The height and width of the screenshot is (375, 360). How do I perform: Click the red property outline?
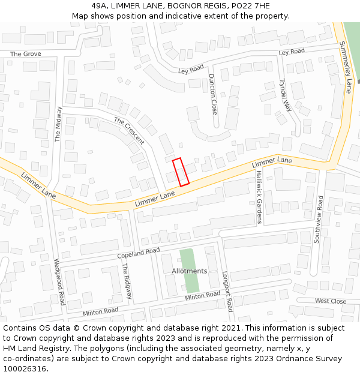tap(181, 172)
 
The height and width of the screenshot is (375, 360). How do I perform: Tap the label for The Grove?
tap(26, 54)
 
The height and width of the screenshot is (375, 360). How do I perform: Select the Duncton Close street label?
tap(213, 94)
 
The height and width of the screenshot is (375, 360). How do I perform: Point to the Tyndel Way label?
tap(285, 95)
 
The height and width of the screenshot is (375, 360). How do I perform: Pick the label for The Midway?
tap(58, 124)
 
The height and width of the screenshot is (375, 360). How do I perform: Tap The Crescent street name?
tap(129, 131)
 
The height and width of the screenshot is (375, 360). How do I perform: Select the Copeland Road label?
tap(139, 253)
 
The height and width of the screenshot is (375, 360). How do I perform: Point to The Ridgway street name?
tap(127, 281)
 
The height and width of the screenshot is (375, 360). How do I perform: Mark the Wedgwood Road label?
tap(59, 281)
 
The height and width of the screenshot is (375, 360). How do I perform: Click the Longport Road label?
tap(227, 291)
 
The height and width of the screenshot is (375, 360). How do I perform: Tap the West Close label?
tap(331, 301)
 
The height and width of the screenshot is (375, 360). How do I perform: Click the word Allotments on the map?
tap(190, 271)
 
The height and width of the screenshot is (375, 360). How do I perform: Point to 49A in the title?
tap(100, 6)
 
